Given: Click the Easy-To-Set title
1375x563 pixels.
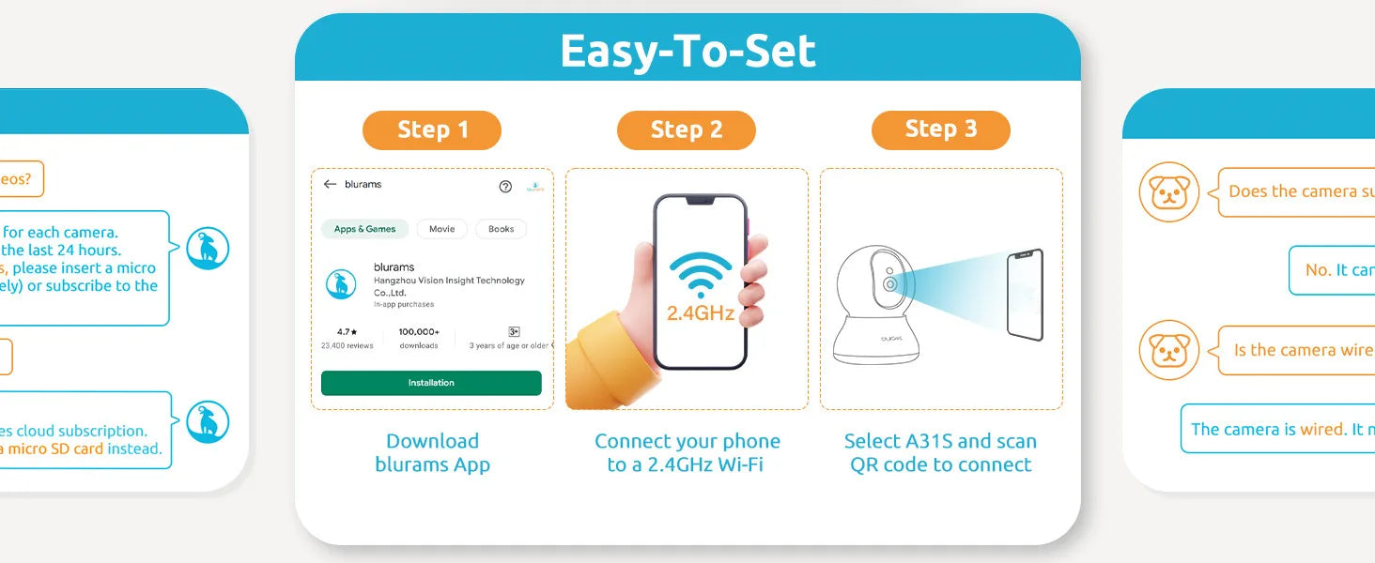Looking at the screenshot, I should point(687,51).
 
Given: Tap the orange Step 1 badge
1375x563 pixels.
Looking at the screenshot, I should point(432,130).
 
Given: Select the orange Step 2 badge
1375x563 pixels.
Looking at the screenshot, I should point(687,130).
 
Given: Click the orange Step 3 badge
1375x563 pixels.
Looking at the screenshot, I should point(940,130).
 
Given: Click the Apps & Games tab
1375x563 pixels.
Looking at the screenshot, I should point(365,229).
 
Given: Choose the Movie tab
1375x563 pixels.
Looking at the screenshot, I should point(441,229).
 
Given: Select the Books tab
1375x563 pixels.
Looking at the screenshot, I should point(501,229).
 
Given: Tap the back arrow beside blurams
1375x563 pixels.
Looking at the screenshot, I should point(330,185).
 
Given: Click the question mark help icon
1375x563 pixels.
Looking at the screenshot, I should point(505,187).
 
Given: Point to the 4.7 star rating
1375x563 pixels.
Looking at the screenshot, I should point(348,332).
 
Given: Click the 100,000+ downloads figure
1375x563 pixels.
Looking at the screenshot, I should point(419,332).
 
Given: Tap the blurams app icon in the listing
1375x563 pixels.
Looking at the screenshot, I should point(341,284).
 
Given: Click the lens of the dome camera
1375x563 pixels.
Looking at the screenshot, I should point(888,283).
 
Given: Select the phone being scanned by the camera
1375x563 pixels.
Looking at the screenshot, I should point(1025,295).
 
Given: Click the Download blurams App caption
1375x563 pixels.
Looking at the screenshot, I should point(432,452).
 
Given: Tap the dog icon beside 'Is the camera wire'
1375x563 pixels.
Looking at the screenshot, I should point(1169,350).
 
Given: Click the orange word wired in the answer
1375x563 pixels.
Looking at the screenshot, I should point(1321,430).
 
